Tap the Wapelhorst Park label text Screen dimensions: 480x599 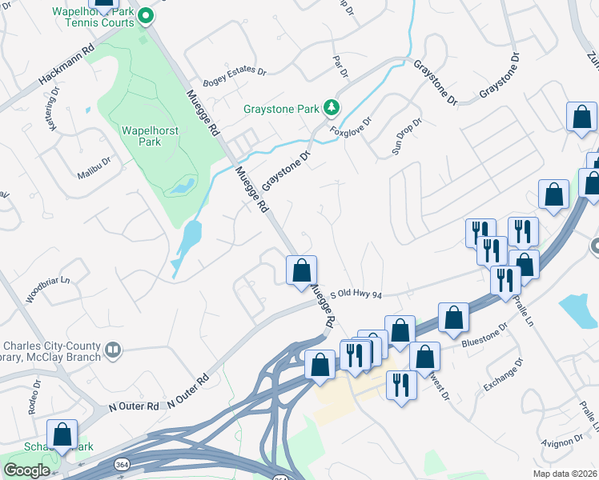coord(141,136)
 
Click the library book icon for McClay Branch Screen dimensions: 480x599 coord(114,350)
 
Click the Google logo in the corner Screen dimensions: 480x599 coord(27,470)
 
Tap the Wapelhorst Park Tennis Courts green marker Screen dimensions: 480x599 coord(145,15)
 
